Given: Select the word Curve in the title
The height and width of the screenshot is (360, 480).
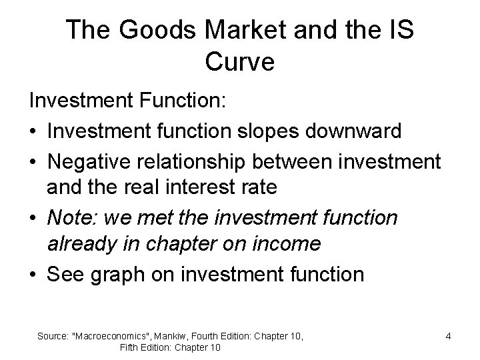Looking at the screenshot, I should pyautogui.click(x=239, y=62).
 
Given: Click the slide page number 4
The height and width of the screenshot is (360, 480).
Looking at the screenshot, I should pyautogui.click(x=449, y=336).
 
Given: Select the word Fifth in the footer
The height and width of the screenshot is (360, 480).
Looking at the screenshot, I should pyautogui.click(x=131, y=347).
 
